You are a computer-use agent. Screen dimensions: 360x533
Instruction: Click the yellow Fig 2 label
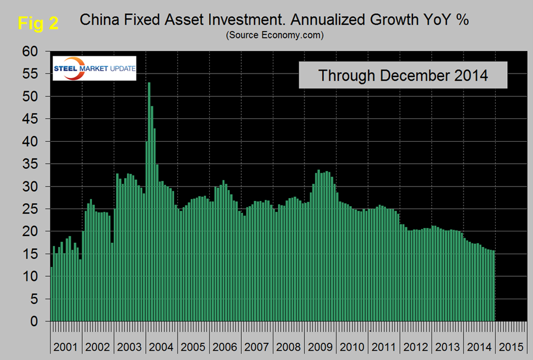38,22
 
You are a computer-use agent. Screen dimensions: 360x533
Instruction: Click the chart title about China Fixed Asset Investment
275,20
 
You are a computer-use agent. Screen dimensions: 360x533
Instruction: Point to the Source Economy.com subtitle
275,36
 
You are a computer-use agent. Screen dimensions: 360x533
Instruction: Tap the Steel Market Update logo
94,68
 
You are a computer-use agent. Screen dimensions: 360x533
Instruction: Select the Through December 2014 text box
403,75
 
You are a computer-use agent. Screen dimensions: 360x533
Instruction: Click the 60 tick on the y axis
30,52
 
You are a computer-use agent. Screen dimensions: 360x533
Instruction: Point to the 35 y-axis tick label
30,164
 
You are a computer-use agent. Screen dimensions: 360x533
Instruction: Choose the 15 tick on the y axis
30,254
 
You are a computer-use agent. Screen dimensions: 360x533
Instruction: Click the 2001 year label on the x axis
65,347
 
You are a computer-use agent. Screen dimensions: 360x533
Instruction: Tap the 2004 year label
161,347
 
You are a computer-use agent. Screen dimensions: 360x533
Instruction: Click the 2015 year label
511,347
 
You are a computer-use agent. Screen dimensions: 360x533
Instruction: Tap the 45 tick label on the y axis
30,119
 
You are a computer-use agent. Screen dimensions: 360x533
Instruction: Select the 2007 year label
257,347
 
